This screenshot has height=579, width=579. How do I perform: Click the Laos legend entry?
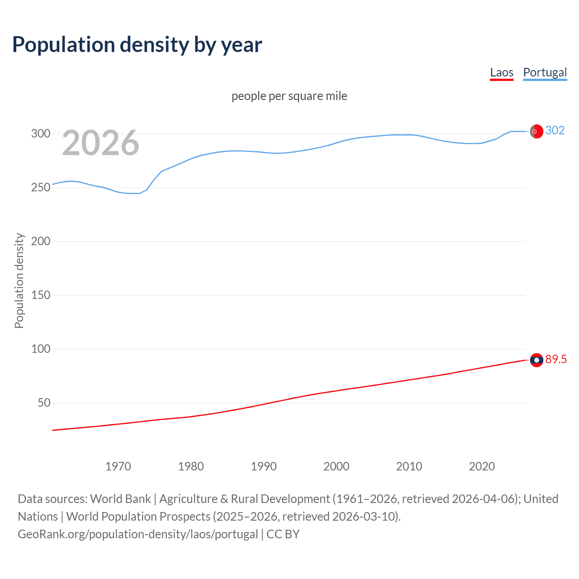tap(502, 72)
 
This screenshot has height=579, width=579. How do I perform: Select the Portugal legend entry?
tap(545, 72)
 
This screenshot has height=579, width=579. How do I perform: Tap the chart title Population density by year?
tap(137, 45)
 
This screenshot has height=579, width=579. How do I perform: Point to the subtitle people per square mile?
tap(289, 96)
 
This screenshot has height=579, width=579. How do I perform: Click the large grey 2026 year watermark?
tap(100, 143)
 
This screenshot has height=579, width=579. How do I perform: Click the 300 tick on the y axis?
tap(41, 133)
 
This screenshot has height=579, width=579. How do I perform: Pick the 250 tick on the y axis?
tap(41, 187)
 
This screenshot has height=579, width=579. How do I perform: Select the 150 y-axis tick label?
tap(41, 295)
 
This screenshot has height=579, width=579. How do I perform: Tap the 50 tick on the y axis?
tap(44, 403)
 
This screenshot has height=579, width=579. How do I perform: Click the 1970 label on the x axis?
tap(118, 466)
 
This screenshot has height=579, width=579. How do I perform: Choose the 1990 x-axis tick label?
tap(264, 466)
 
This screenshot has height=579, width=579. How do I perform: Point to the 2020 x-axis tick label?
tap(482, 466)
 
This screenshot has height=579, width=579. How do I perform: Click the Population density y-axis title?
tap(19, 280)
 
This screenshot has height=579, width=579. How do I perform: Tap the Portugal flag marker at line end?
tap(536, 131)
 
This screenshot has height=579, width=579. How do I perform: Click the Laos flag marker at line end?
tap(536, 360)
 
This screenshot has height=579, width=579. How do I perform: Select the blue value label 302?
tap(555, 131)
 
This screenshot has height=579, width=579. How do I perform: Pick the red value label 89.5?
tap(556, 360)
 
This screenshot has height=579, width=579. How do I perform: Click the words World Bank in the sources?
tap(120, 499)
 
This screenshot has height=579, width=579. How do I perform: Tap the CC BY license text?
tap(283, 534)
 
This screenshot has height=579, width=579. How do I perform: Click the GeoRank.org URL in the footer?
tap(138, 534)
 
